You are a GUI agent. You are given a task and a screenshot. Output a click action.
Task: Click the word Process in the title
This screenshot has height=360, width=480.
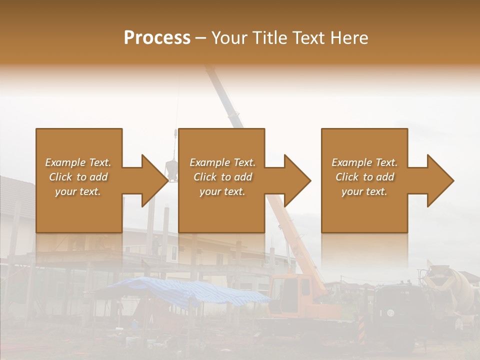coord(157,38)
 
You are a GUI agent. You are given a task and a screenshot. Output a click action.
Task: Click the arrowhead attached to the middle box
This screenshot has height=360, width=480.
coord(295,180)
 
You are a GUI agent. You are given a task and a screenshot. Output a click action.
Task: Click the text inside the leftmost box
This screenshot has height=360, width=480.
coord(78,177)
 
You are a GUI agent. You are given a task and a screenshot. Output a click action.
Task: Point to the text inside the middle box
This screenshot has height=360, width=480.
coord(222,177)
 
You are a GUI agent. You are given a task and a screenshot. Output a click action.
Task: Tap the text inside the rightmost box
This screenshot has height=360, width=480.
coord(364,177)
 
